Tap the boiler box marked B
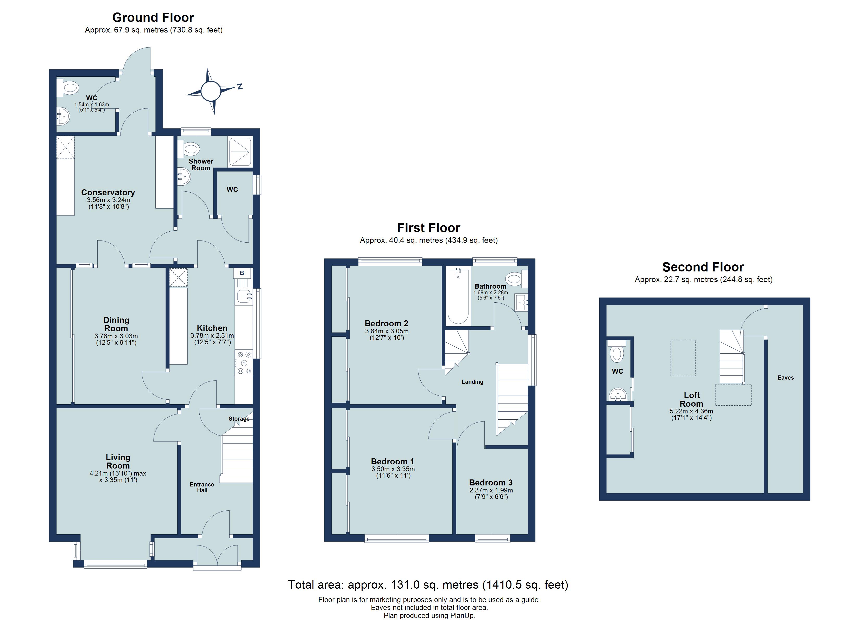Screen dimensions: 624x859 [x=242, y=273]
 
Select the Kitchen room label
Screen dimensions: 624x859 [x=212, y=328]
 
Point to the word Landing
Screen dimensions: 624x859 [x=472, y=382]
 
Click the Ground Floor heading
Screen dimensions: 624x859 [x=153, y=17]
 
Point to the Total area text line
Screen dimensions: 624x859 [x=428, y=585]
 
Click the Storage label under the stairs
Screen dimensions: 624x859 [x=239, y=419]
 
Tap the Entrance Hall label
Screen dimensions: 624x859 [x=202, y=487]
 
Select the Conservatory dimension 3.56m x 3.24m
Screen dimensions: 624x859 [x=108, y=200]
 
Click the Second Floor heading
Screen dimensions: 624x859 [x=703, y=267]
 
